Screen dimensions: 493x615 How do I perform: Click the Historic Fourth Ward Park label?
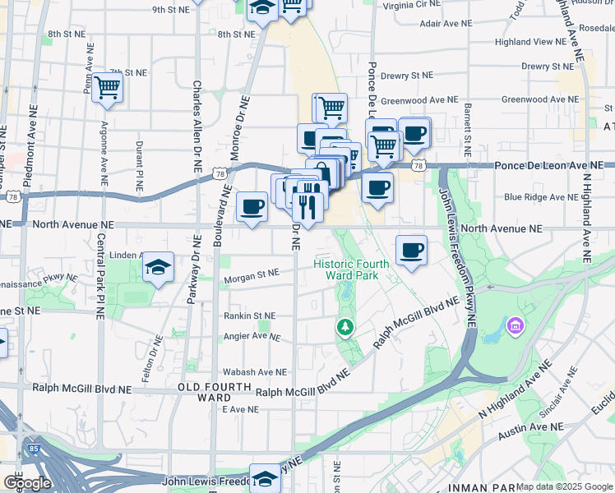351,270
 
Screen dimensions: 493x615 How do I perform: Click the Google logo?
27,483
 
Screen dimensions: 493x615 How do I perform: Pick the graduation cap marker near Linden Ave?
157,267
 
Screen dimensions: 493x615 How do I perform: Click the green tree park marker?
346,328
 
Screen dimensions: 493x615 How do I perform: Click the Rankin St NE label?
250,316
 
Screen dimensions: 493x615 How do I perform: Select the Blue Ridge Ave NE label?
541,197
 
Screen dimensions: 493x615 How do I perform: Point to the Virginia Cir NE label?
412,5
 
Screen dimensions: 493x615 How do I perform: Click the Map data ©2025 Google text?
564,486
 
